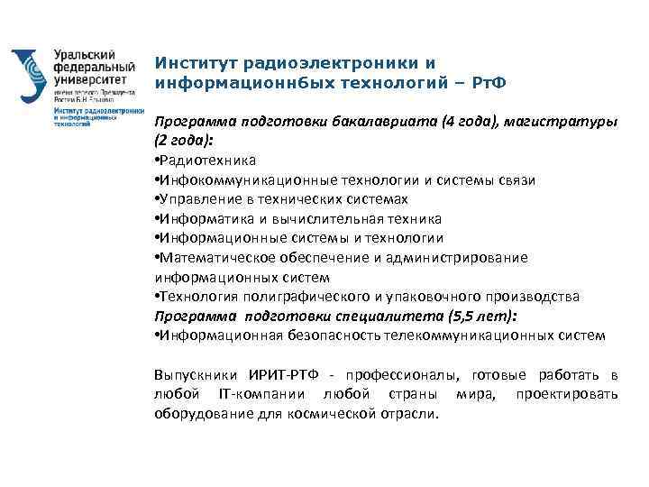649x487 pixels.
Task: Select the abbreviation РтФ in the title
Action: [x=486, y=83]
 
